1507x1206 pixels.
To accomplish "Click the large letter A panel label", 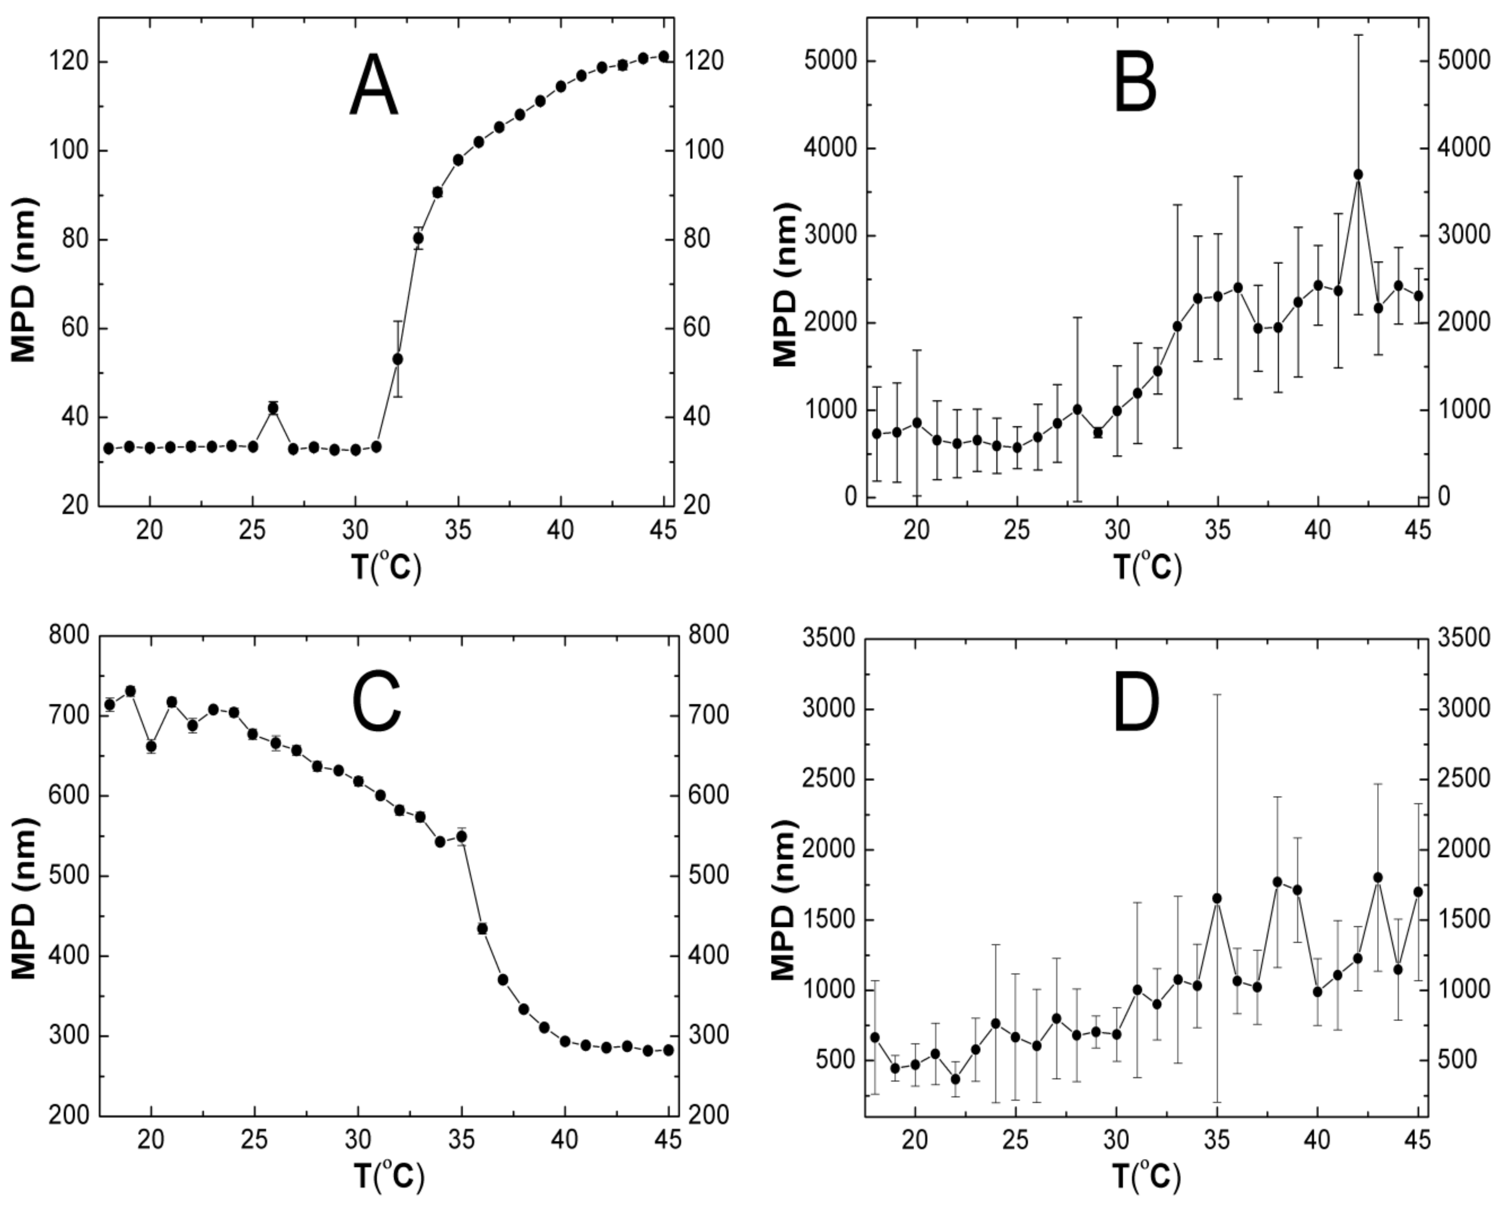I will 374,87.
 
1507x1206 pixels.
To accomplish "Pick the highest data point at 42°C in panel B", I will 1358,175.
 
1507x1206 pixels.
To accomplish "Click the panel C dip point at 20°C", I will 151,746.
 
